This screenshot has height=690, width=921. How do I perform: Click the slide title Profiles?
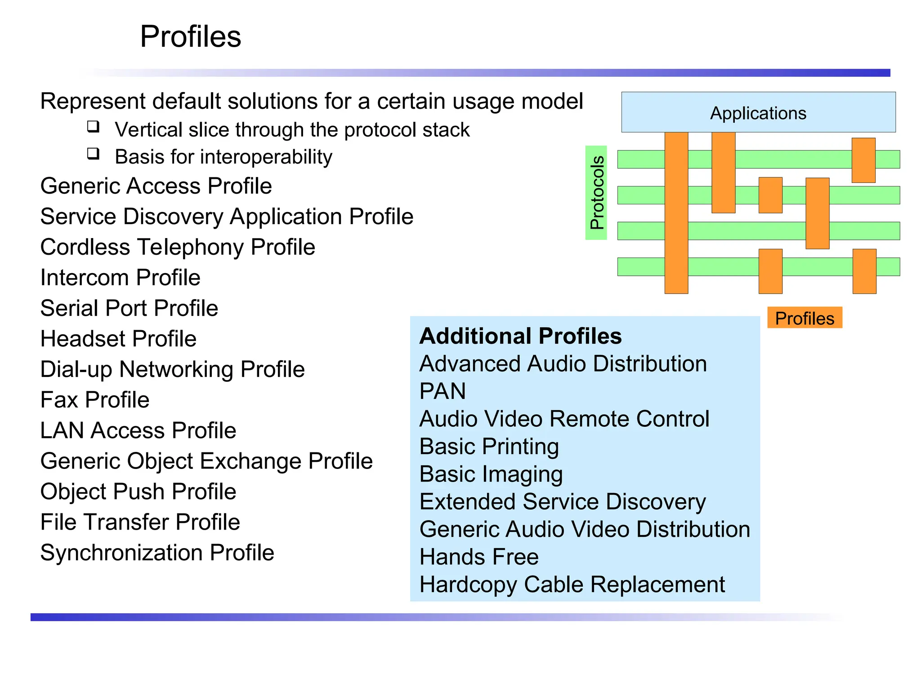190,36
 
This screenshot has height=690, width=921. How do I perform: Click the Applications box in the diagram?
758,112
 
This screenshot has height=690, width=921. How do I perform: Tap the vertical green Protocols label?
596,193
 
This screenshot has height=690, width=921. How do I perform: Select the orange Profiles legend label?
804,318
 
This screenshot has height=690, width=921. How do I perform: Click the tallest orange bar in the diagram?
676,212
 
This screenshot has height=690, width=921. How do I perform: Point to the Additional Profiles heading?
520,336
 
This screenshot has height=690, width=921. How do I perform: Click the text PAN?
443,391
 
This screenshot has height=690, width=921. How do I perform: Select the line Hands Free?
479,557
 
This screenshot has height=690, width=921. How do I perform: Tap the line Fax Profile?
95,400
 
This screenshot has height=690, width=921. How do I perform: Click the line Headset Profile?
118,339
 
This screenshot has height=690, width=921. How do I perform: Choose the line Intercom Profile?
120,278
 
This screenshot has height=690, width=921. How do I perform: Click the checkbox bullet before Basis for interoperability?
94,154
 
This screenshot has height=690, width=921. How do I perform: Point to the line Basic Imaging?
491,474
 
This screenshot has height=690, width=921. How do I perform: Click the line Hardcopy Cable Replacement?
572,584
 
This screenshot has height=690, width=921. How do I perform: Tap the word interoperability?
266,157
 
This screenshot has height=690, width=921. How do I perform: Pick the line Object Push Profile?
138,491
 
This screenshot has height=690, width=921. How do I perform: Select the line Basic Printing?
489,447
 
